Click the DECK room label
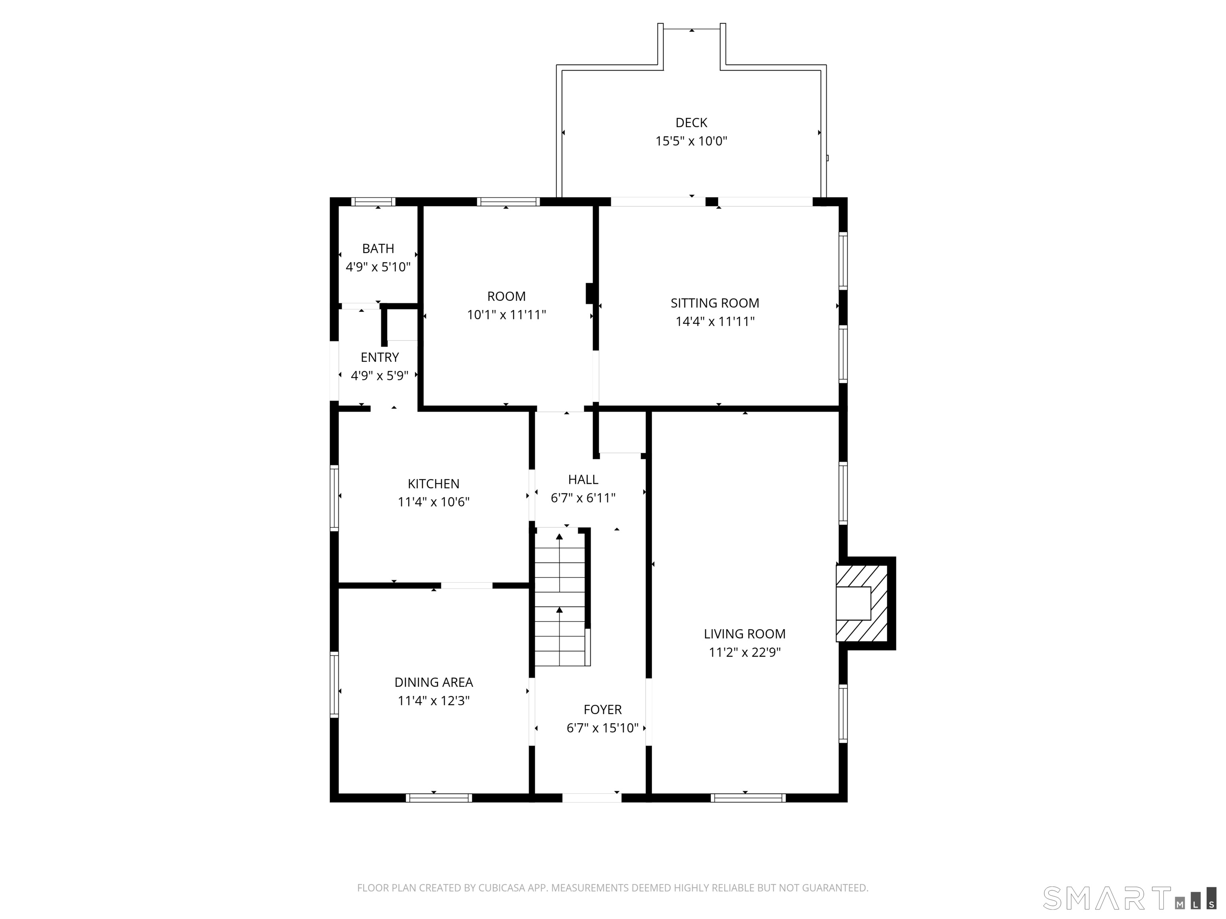coord(691,122)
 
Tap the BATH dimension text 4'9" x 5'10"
coord(378,267)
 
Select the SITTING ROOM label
coord(714,303)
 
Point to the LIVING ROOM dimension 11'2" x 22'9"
coord(744,652)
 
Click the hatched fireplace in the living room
coord(861,603)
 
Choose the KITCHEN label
coord(433,483)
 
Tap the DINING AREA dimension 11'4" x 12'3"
coord(433,700)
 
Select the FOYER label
coord(603,709)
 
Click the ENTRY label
coord(380,357)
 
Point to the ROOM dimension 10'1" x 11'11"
coord(506,315)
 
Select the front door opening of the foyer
coord(592,798)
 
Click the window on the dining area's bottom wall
coord(439,798)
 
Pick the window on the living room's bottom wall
coord(748,798)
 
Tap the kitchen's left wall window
coord(334,498)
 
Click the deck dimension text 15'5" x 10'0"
coord(691,141)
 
